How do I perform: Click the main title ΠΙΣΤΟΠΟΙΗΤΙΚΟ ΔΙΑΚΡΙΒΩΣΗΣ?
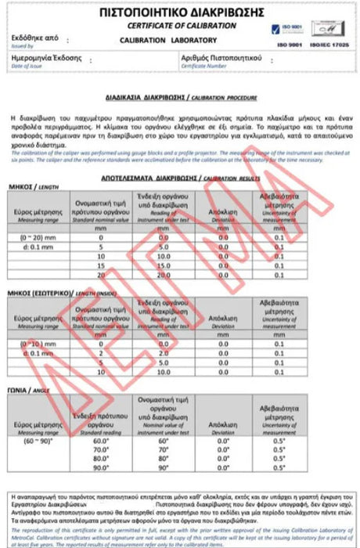179,13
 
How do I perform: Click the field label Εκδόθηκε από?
35,38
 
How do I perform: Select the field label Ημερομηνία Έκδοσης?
47,60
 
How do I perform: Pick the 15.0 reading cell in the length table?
163,265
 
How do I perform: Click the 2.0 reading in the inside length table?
163,353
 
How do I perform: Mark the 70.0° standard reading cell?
100,450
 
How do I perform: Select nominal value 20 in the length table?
100,275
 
